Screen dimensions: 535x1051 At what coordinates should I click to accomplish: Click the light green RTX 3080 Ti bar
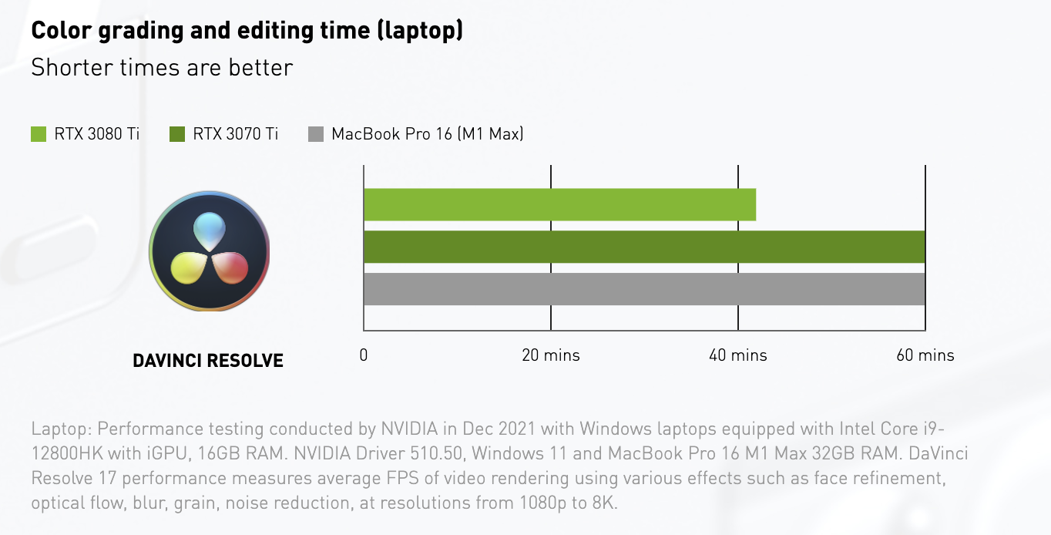click(559, 204)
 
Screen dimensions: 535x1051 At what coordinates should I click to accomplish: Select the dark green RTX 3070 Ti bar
click(644, 247)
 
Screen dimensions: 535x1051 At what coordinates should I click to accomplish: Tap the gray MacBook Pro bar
click(644, 289)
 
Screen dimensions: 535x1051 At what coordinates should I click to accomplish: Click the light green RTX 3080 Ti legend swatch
click(39, 134)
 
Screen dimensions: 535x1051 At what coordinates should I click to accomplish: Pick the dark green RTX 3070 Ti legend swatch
click(177, 134)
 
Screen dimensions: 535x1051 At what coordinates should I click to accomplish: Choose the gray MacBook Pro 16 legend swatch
click(316, 134)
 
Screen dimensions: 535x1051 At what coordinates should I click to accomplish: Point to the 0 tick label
click(364, 355)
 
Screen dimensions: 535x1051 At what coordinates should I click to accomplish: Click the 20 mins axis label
click(551, 355)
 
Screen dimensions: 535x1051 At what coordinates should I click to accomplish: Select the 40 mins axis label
click(738, 355)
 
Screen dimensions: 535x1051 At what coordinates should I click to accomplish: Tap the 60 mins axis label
click(925, 355)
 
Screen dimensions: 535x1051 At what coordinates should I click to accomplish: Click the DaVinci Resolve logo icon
click(209, 251)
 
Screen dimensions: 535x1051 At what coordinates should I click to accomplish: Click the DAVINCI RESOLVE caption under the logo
click(208, 360)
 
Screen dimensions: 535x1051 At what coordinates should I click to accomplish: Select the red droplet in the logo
click(230, 267)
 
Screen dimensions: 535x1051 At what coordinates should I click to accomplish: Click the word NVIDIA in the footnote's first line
click(408, 429)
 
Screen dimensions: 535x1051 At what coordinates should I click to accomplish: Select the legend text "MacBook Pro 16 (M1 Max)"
click(428, 134)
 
